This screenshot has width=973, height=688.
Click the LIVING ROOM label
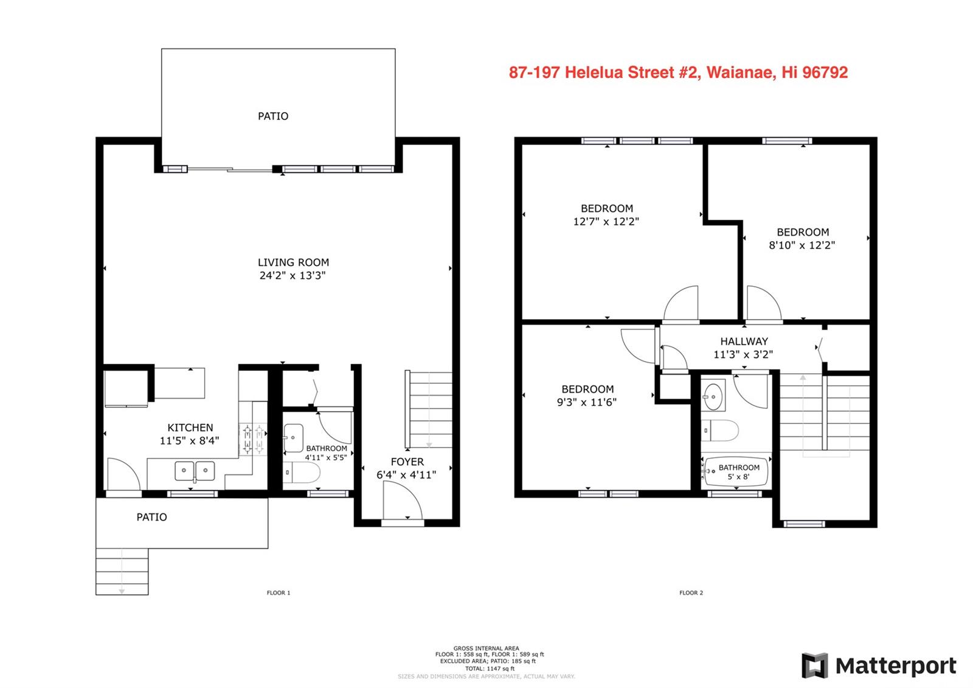click(x=293, y=262)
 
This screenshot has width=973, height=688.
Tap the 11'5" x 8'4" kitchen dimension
click(x=189, y=441)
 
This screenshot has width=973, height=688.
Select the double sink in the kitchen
click(x=195, y=471)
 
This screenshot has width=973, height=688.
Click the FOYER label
click(x=407, y=462)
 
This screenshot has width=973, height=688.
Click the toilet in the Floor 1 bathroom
click(x=302, y=472)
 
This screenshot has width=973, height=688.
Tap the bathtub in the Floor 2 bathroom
click(x=736, y=472)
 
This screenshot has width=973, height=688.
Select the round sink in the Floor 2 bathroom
click(x=713, y=396)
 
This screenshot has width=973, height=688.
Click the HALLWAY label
click(x=744, y=342)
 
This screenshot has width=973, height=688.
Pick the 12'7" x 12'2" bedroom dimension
click(x=606, y=222)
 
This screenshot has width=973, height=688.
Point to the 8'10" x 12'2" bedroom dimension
click(x=802, y=245)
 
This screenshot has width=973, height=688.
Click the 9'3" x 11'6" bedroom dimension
click(x=587, y=402)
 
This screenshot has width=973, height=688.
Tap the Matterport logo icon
click(x=815, y=665)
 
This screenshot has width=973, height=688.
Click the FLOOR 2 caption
click(x=691, y=593)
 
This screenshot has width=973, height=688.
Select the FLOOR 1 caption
click(x=279, y=593)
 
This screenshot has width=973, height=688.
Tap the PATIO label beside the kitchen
click(x=151, y=517)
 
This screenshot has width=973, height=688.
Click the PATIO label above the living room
click(x=273, y=116)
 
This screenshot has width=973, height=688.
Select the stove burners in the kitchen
click(x=253, y=438)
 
